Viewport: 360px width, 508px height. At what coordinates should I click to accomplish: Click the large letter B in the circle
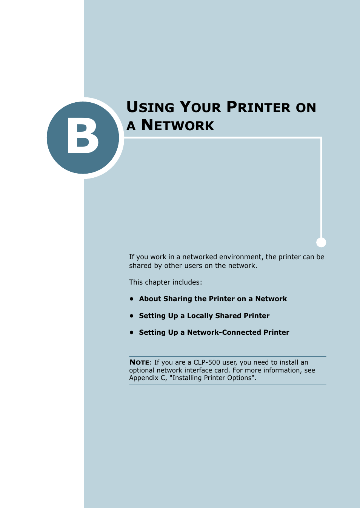coord(83,137)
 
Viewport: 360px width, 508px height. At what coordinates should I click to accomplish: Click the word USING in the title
coord(150,107)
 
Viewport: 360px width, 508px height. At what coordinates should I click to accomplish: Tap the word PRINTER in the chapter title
coord(258,107)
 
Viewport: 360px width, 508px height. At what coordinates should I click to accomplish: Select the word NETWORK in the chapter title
coord(177,125)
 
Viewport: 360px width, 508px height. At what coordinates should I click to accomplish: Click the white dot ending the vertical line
coord(321,242)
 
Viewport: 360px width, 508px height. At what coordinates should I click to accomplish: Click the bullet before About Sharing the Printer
coord(132,299)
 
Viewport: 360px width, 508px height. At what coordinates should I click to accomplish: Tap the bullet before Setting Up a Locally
coord(132,316)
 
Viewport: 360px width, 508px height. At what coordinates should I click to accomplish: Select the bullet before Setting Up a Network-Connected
coord(132,332)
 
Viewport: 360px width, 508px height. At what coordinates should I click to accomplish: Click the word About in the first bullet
coord(150,299)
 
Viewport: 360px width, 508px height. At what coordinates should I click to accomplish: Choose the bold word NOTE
coord(139,362)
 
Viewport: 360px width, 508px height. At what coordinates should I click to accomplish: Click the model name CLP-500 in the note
coord(206,362)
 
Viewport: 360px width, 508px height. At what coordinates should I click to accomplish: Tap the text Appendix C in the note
coord(147,378)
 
